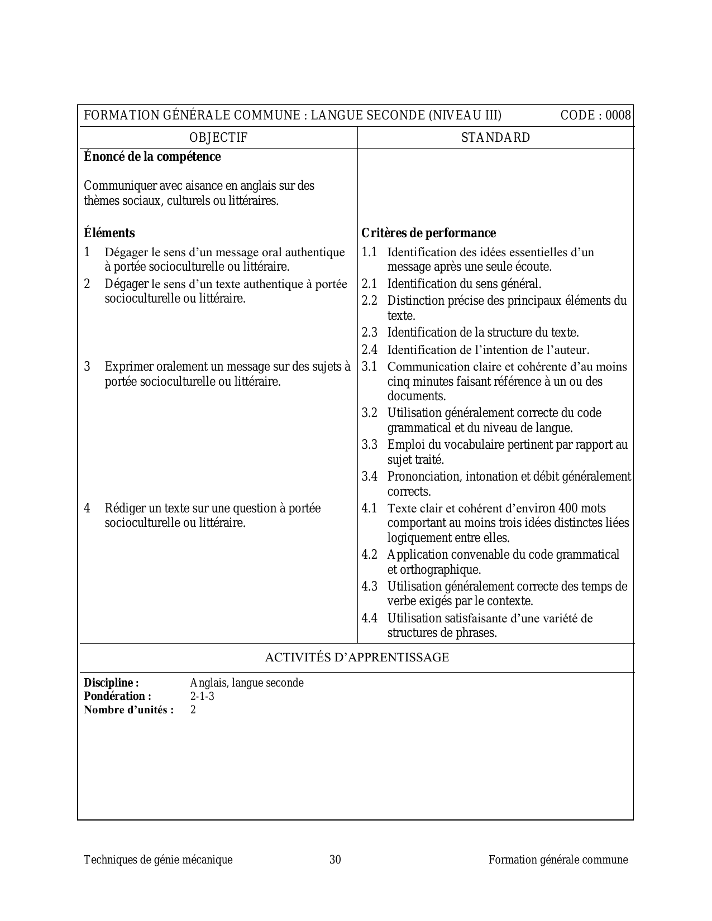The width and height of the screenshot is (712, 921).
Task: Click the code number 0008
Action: (x=618, y=116)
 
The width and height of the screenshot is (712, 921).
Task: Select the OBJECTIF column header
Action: (x=218, y=138)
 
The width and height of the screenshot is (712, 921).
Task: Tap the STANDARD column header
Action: (x=495, y=138)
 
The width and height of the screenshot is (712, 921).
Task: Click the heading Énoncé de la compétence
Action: (x=152, y=157)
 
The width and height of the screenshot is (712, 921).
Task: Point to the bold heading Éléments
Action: (x=109, y=233)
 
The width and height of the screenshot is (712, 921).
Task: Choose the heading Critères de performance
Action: (x=428, y=233)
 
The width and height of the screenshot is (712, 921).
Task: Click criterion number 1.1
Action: (x=369, y=252)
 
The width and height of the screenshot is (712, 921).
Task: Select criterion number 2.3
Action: (x=369, y=333)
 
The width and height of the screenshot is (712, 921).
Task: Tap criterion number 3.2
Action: (x=369, y=413)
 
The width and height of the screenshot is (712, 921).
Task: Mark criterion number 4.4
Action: (x=369, y=618)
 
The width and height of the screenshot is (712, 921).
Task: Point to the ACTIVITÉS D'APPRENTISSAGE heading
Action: (x=356, y=658)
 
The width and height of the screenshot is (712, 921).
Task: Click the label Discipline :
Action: (x=111, y=683)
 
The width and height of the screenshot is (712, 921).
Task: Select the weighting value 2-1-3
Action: (x=202, y=697)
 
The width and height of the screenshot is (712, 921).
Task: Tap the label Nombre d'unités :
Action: (x=128, y=710)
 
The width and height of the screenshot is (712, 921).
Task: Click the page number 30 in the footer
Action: (x=335, y=860)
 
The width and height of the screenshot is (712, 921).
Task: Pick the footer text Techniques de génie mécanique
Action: (x=158, y=860)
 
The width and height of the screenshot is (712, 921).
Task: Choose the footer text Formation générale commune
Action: (x=558, y=860)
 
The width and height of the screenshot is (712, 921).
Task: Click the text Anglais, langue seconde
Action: (x=247, y=683)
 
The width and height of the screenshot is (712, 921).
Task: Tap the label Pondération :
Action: (x=117, y=697)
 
